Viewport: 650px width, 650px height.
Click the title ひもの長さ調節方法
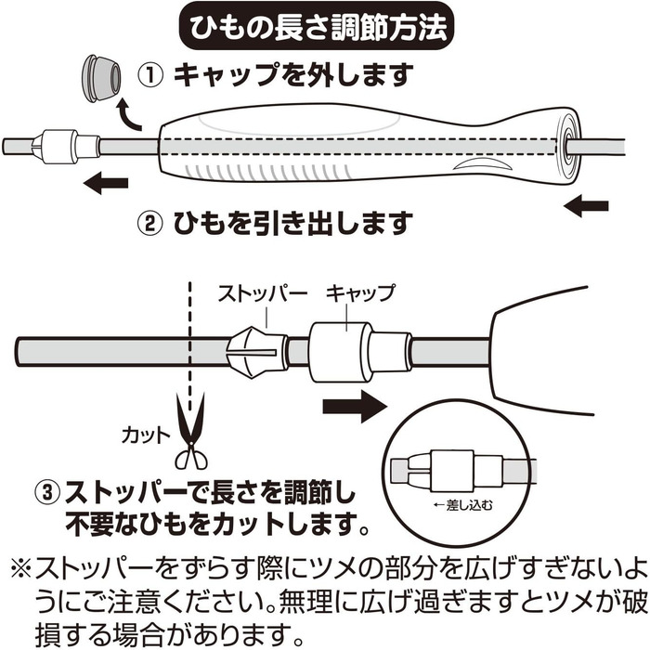318,28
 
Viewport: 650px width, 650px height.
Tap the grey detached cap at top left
100,77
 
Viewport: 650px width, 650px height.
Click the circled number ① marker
150,75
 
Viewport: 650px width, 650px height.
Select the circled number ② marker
150,224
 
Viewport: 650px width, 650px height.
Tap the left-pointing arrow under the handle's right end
586,206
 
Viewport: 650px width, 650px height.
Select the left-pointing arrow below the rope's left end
105,183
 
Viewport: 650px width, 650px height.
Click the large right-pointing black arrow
355,407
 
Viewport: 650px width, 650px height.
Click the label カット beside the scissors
146,436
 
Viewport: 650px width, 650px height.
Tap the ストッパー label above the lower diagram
263,294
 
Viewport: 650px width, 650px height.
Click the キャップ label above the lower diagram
360,293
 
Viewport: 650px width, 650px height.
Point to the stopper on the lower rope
256,353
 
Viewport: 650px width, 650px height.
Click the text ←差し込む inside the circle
462,505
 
